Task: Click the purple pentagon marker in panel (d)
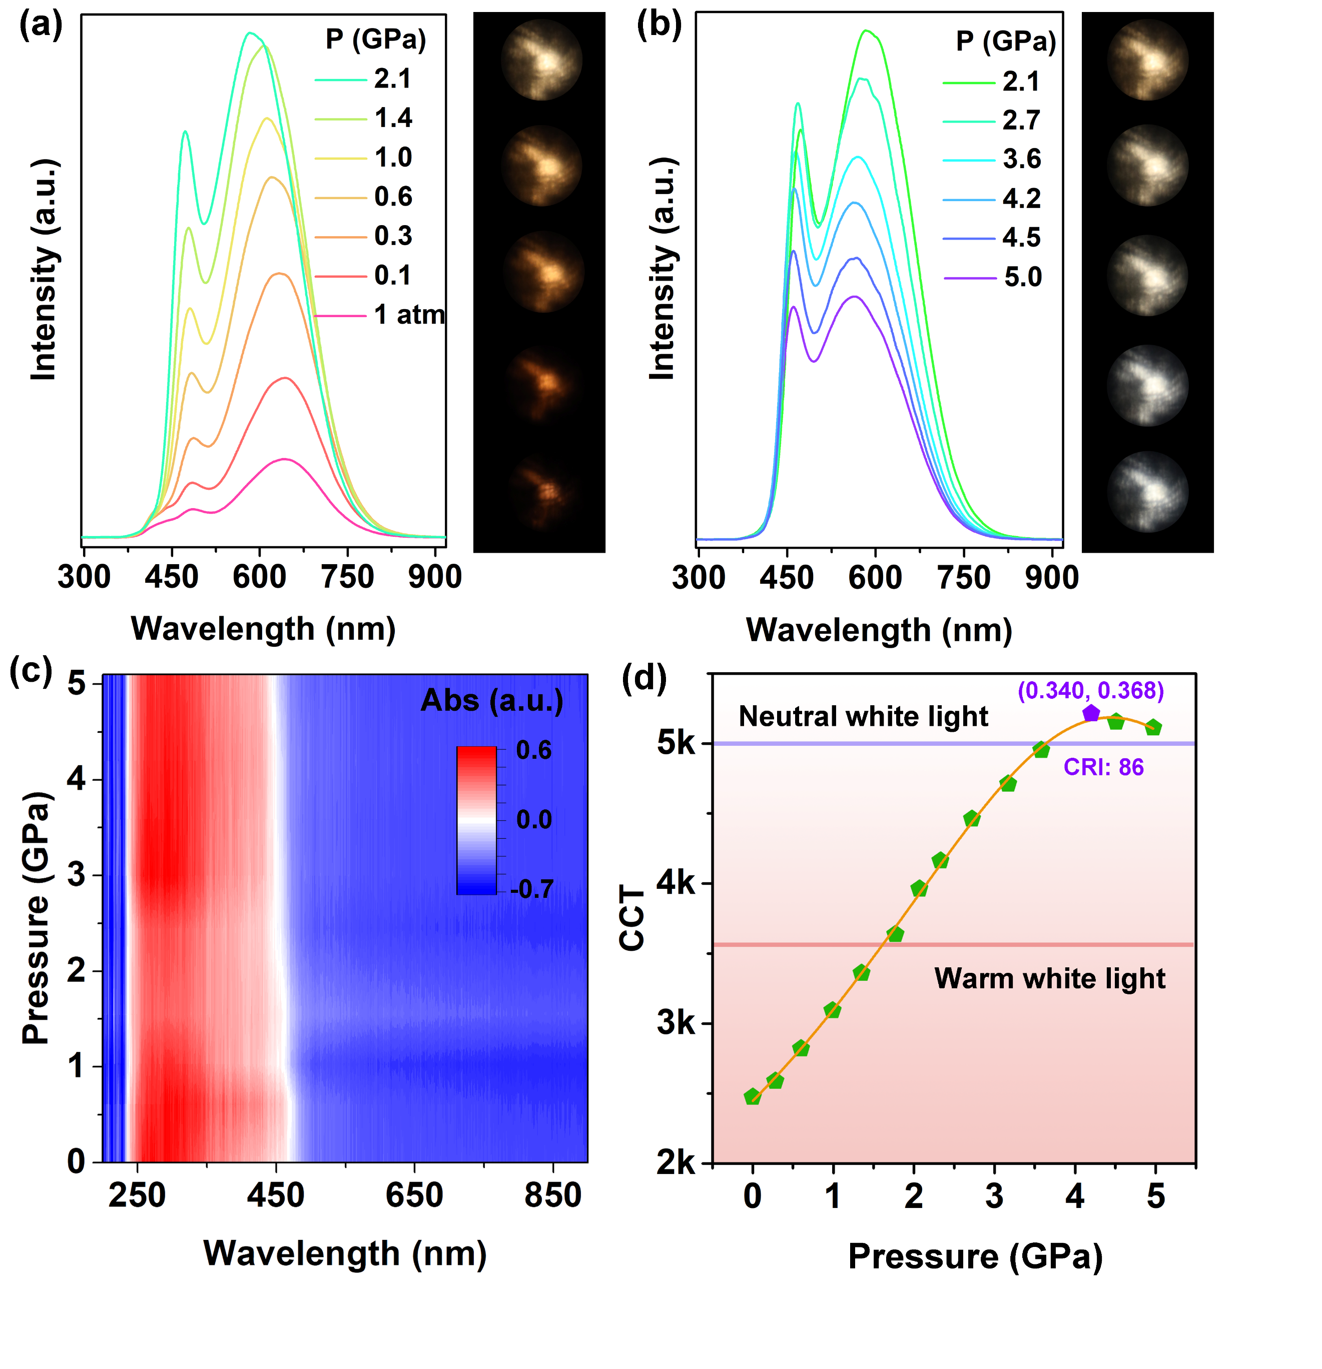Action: click(x=1091, y=713)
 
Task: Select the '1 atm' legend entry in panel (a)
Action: click(x=409, y=315)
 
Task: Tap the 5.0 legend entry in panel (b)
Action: click(x=1022, y=277)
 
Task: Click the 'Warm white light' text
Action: click(x=1049, y=978)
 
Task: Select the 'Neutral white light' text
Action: click(x=863, y=717)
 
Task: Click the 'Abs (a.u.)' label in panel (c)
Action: click(x=492, y=701)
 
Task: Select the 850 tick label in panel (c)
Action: click(x=553, y=1195)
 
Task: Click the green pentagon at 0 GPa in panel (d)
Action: click(x=753, y=1096)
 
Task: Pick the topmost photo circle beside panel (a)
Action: click(x=541, y=60)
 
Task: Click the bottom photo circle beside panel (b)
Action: click(x=1147, y=491)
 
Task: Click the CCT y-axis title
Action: click(x=631, y=918)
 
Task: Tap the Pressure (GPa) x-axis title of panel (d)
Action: click(x=975, y=1256)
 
